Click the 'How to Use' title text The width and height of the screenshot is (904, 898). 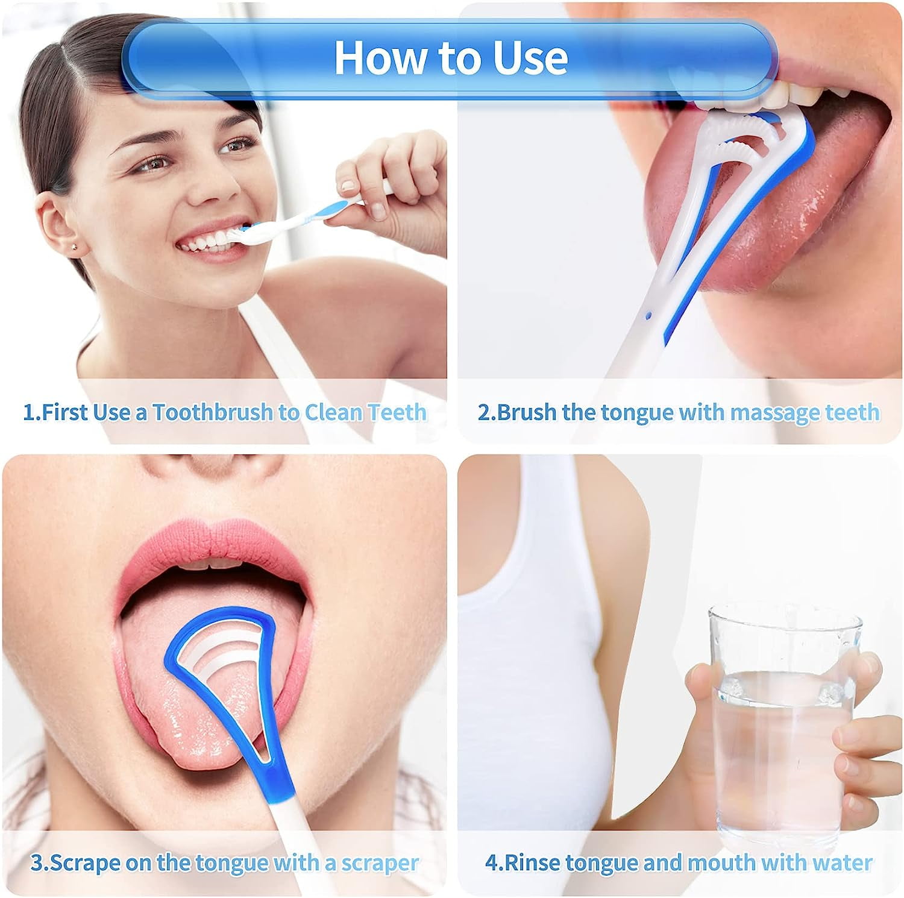click(451, 58)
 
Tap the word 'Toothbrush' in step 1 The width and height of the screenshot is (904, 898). click(213, 412)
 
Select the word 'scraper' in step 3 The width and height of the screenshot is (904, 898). click(380, 863)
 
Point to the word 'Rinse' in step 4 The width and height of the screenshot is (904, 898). click(532, 862)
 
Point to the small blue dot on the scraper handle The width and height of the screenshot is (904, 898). click(648, 315)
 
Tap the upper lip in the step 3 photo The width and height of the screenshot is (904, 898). click(211, 545)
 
